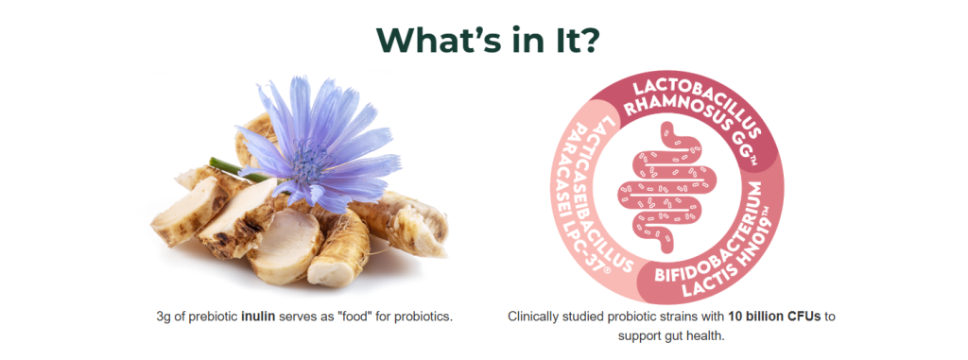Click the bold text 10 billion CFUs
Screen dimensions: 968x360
[784, 317]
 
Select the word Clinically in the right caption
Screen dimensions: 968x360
[531, 317]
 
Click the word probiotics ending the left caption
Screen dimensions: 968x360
[427, 317]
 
